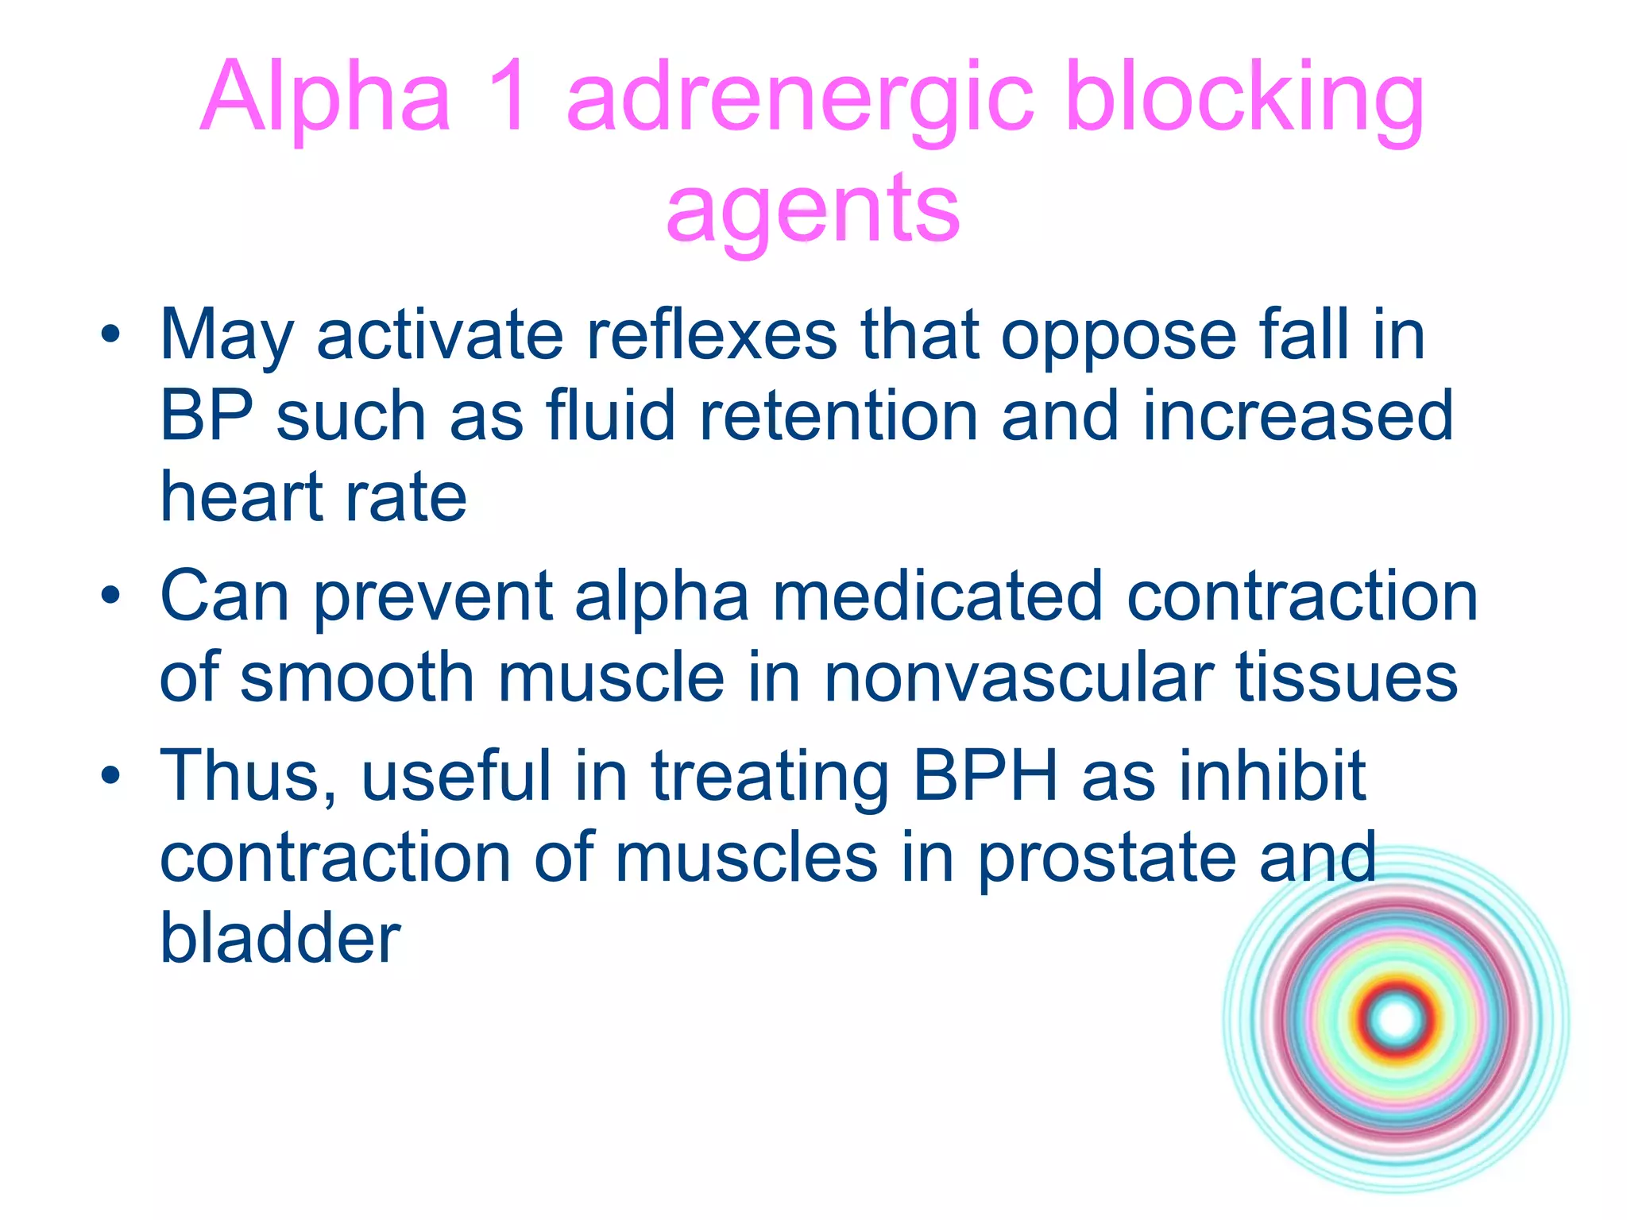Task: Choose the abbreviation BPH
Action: (x=985, y=776)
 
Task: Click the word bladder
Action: (x=280, y=937)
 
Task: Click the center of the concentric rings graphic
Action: (x=1397, y=1020)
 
